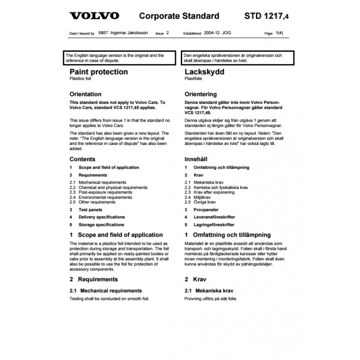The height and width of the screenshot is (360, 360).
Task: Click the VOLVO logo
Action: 94,16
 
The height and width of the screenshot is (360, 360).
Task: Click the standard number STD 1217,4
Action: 267,16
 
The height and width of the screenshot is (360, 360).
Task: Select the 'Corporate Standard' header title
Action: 179,16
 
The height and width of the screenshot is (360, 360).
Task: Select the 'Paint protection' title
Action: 99,72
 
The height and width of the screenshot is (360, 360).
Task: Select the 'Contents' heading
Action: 82,159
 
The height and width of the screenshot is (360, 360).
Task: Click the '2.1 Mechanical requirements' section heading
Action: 106,291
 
